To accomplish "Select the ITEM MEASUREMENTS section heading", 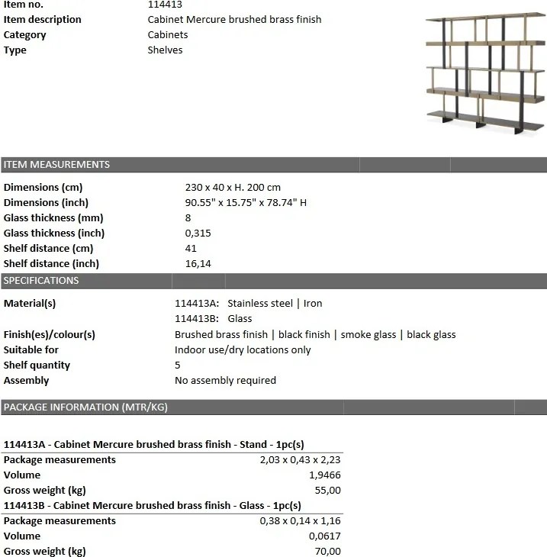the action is coord(57,164).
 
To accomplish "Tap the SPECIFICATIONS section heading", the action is coord(42,280).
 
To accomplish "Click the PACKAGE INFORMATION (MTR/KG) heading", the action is coord(85,407).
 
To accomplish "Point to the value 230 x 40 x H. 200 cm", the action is coord(233,187).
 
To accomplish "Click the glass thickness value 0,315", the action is coord(198,233).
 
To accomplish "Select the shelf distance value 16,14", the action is coord(198,263).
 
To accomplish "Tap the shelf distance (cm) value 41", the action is coord(191,248).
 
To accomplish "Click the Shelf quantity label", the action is coord(37,365).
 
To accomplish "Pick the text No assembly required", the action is coord(225,380).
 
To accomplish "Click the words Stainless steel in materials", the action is coord(260,303).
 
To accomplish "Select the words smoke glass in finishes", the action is coord(368,334).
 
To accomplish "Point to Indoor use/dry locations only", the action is coord(243,349).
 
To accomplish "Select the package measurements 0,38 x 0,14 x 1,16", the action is coord(301,520).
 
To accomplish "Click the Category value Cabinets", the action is coord(168,34).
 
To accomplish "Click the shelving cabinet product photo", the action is coord(484,75).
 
